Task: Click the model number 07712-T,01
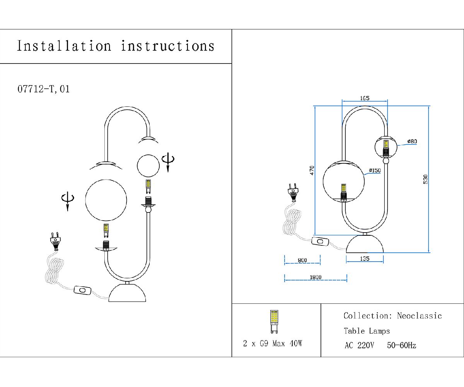coord(44,89)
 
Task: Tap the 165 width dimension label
coord(365,98)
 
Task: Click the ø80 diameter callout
coord(412,142)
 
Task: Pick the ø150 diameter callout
coord(375,170)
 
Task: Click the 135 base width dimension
coord(364,259)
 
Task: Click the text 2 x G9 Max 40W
coord(273,343)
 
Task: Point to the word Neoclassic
coord(419,316)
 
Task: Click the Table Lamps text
coord(367,331)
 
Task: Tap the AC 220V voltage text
coord(359,346)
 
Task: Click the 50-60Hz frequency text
coord(401,346)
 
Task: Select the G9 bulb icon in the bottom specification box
coord(274,321)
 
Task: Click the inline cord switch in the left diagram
coord(82,290)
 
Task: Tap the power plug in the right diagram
coord(293,192)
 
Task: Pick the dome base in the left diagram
coord(128,293)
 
